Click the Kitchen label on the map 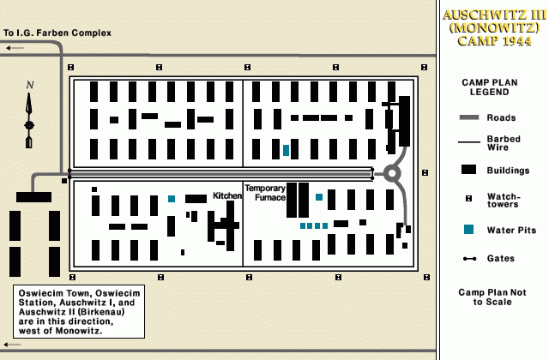point(227,196)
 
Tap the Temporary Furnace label point(265,192)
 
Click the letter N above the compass point(30,85)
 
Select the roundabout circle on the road point(392,173)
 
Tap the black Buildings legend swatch point(470,170)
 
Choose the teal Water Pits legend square point(470,229)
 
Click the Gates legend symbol point(470,258)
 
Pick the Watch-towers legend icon point(470,199)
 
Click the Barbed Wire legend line point(470,142)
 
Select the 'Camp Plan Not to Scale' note point(492,297)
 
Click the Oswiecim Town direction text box point(79,311)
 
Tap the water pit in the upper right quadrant point(286,150)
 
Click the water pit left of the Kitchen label point(172,199)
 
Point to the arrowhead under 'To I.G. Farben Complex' point(9,48)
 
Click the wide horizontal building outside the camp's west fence point(33,197)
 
